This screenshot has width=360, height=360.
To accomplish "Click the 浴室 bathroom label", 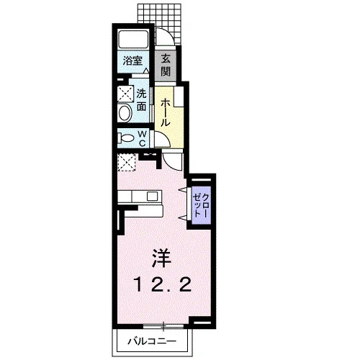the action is pos(132,60).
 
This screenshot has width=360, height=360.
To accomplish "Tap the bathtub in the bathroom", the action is pos(133,40).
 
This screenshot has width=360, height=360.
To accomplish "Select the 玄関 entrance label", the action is pos(166,65).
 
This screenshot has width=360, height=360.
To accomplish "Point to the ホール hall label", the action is pos(165,112).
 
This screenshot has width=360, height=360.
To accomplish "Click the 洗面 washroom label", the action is pos(142,100).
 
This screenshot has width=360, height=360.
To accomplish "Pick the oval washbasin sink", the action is pos(125,113).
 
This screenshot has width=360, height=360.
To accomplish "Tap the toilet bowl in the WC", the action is pos(126,138).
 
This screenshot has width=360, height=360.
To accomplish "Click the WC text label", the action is pos(143,138).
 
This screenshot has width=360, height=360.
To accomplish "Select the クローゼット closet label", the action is pos(201,205).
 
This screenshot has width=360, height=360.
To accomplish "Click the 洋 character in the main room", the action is pos(161,258).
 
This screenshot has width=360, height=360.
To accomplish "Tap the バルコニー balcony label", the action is pos(152,341).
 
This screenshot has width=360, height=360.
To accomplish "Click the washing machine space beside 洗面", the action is pos(125,94).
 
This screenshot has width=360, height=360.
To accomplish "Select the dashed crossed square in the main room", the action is pos(127,162).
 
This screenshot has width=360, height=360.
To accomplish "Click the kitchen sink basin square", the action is pos(152,197).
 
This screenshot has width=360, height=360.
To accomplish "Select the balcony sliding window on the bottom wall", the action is pos(163,326).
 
